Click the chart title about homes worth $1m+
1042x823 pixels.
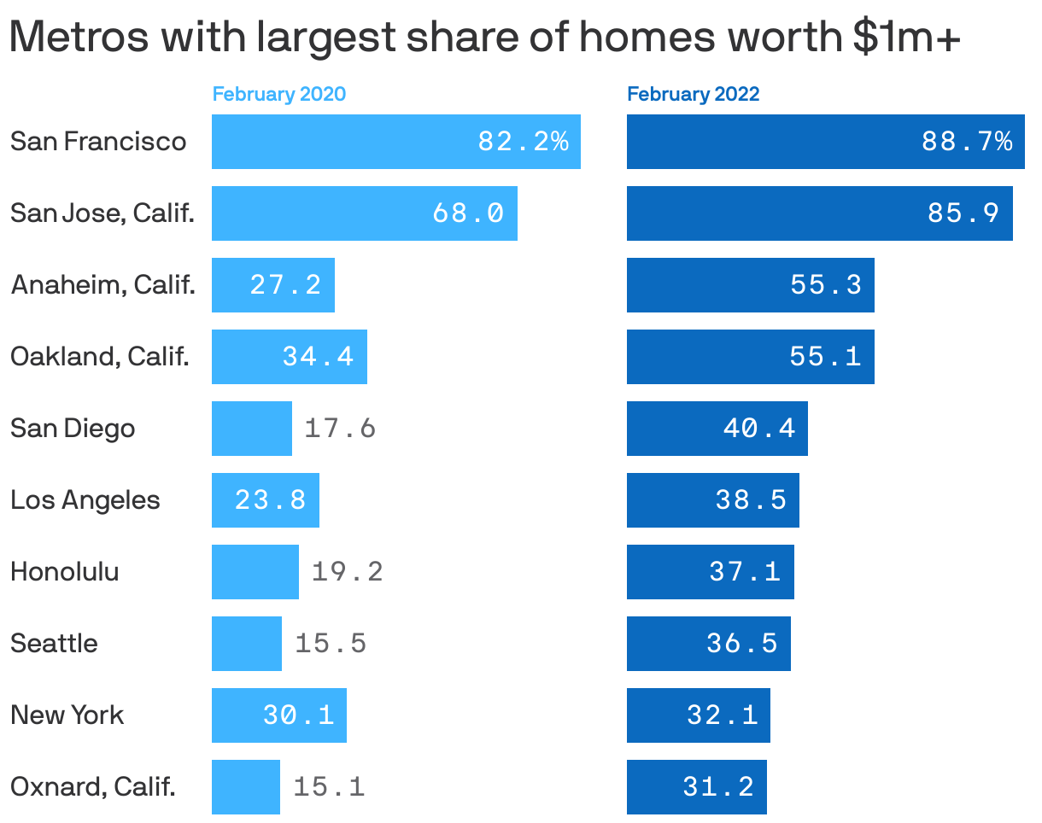[485, 38]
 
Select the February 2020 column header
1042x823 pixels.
[279, 94]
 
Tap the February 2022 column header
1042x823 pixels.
[693, 94]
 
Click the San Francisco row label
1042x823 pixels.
[98, 141]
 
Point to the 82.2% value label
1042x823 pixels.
[523, 142]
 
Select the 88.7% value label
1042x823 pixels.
[967, 142]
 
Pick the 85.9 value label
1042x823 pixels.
[963, 213]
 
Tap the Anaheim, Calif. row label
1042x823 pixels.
[103, 284]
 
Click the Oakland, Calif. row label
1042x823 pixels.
[100, 356]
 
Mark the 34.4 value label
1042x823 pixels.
[318, 357]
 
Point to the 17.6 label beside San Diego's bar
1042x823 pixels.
[340, 428]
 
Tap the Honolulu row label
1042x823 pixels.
[65, 571]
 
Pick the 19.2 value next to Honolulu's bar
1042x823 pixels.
[347, 571]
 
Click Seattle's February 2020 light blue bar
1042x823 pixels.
[247, 644]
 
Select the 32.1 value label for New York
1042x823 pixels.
[723, 715]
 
